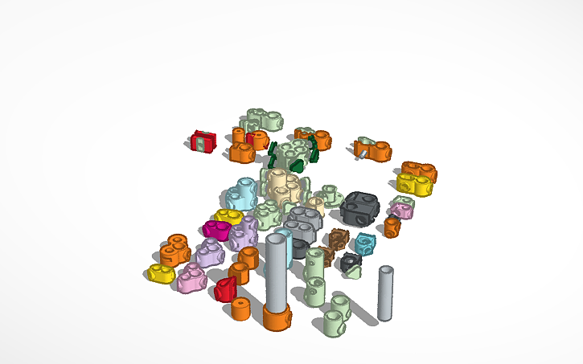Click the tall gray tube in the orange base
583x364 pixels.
[x=276, y=273]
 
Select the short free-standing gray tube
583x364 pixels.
[x=385, y=294]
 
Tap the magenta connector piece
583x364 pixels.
[x=216, y=230]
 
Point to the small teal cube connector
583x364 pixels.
[x=366, y=243]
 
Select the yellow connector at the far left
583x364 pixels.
[x=162, y=273]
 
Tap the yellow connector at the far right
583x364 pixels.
[x=414, y=186]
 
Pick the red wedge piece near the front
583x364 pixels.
[x=225, y=288]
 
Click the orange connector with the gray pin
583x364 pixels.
[x=372, y=149]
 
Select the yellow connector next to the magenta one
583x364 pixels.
[x=228, y=217]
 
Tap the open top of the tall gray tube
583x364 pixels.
[x=277, y=239]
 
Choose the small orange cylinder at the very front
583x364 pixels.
[x=241, y=309]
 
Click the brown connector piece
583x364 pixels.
[x=339, y=239]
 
